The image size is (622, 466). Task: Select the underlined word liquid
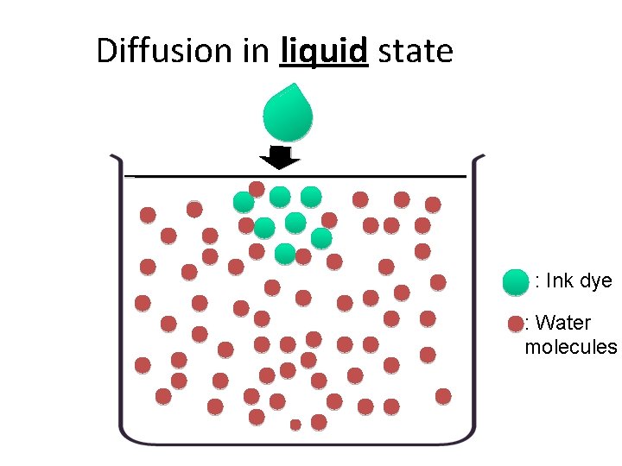coord(325,52)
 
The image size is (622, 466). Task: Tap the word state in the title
coord(416,52)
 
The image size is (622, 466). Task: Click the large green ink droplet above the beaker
coord(287,114)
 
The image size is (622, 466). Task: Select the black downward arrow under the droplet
coord(278,158)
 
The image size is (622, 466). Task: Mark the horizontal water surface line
coord(294,175)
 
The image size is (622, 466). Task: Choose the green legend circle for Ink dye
coord(515,281)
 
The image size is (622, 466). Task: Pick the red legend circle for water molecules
coord(516,324)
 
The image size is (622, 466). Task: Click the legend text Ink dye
coord(574,281)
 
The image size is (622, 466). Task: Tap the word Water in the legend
coord(563,324)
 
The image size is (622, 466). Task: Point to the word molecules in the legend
coord(571,347)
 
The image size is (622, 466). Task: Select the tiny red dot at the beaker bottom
coord(295,425)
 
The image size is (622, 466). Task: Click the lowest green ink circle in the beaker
coord(285,253)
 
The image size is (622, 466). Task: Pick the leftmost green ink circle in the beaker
coord(244,202)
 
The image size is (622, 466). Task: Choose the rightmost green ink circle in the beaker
coord(321,237)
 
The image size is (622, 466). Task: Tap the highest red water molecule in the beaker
coord(257,188)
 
